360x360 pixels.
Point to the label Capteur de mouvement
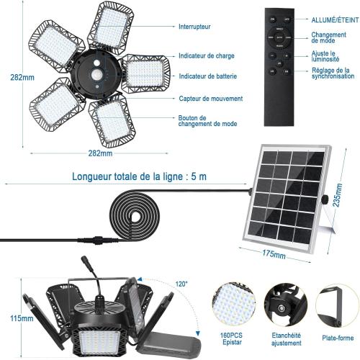(210, 99)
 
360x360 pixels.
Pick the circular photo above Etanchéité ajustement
(284, 303)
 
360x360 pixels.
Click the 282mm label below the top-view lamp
(100, 154)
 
